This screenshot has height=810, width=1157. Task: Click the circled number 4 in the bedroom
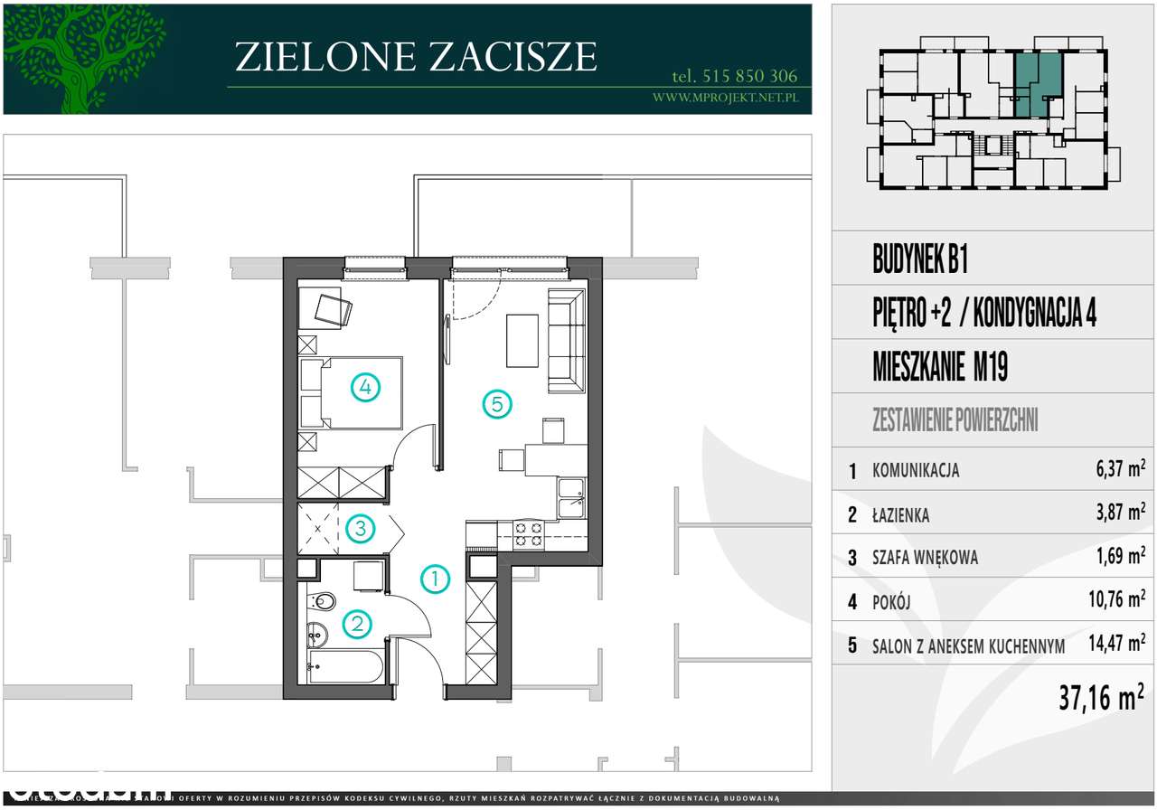(365, 388)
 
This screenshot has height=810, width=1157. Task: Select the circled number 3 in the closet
(360, 528)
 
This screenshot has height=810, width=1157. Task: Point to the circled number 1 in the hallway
(436, 579)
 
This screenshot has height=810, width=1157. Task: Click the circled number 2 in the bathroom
(359, 623)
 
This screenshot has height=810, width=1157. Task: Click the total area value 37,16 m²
(1101, 697)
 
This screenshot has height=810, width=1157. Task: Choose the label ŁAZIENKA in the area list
(901, 515)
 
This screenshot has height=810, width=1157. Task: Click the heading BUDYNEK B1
(920, 262)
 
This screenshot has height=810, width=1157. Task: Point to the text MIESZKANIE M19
(940, 368)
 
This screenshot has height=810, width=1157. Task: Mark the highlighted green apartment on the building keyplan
(1036, 83)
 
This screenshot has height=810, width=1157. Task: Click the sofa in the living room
(567, 341)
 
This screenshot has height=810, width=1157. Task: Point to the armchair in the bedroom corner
(331, 309)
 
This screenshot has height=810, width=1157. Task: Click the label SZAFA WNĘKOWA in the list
(925, 559)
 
